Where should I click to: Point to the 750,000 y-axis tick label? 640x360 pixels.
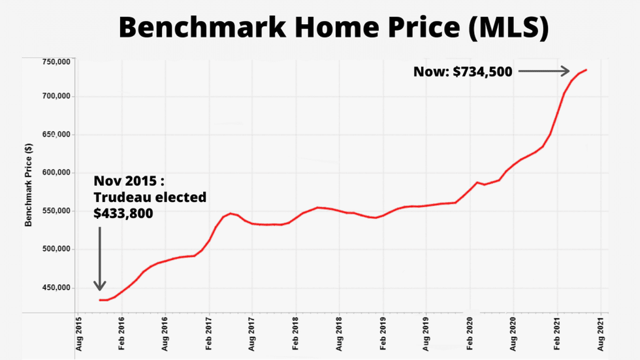(x=56, y=62)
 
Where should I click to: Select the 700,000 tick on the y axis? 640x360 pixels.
(x=56, y=97)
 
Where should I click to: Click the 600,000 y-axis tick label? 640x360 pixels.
(x=56, y=173)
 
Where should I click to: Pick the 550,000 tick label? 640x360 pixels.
(x=56, y=212)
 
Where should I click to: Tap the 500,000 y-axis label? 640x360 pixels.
(x=56, y=250)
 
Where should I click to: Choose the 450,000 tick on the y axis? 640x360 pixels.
(x=56, y=288)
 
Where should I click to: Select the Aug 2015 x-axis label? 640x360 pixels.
(x=78, y=335)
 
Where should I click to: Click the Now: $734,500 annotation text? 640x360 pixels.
(x=462, y=72)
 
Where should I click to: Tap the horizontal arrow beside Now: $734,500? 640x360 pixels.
(x=544, y=72)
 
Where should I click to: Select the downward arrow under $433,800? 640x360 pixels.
(x=100, y=258)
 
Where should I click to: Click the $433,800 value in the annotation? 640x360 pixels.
(x=123, y=212)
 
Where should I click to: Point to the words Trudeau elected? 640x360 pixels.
(x=150, y=197)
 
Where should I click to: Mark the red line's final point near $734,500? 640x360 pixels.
(x=586, y=70)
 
